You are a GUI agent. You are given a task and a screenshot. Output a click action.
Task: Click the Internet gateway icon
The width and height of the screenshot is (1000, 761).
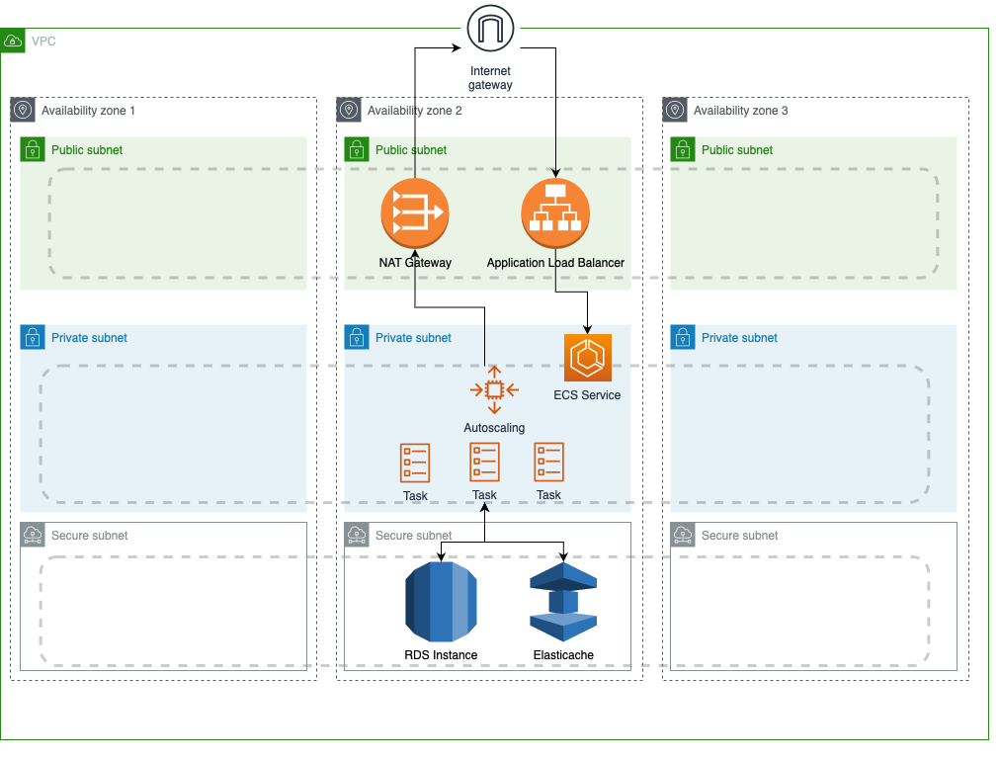[x=491, y=28]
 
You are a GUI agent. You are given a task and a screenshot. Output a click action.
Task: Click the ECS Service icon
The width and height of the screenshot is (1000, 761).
[x=588, y=358]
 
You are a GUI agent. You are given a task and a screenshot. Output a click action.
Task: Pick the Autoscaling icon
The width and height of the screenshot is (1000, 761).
[x=494, y=389]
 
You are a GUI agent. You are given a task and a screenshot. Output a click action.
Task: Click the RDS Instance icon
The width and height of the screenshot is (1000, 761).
[x=441, y=600]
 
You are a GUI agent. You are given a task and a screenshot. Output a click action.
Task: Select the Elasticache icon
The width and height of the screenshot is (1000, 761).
[x=563, y=601]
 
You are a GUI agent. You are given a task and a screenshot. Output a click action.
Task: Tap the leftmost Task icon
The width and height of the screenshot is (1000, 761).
[x=415, y=463]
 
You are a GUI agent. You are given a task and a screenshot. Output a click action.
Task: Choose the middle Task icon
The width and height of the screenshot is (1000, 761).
[x=484, y=462]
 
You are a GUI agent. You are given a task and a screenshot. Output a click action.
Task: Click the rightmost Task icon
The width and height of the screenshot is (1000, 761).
[x=548, y=462]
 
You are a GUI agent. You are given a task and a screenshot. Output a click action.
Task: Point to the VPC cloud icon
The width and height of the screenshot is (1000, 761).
[x=13, y=42]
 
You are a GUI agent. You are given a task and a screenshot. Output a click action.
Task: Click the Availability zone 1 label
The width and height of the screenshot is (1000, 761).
[x=88, y=111]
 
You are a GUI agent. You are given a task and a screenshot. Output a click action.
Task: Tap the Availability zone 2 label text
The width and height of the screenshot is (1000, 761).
[x=414, y=111]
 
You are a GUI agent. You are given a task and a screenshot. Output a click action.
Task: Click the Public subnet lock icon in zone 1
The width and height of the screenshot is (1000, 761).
[x=33, y=149]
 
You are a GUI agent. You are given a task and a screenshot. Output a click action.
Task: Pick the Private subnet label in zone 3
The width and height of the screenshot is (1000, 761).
[x=739, y=338]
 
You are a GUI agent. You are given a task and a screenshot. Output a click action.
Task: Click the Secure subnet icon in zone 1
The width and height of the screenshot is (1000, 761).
[x=33, y=535]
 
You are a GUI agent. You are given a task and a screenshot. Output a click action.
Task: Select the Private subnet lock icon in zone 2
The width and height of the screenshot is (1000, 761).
[x=357, y=337]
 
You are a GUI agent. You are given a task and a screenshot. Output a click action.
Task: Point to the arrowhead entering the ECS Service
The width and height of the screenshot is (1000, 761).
[x=589, y=328]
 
